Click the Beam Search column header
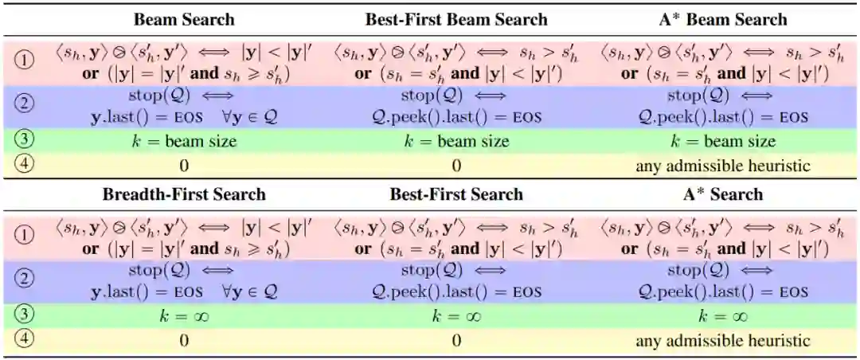click(184, 19)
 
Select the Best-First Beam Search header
click(456, 19)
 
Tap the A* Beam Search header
click(722, 19)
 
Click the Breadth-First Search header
click(184, 194)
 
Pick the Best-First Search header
click(456, 194)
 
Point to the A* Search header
click(722, 194)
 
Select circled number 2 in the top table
click(24, 107)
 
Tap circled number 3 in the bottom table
click(24, 316)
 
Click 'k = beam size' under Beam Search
click(184, 142)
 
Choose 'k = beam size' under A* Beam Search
click(722, 142)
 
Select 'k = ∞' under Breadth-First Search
click(184, 316)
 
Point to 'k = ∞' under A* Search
click(722, 316)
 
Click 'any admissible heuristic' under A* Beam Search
click(722, 166)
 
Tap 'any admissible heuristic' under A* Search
click(722, 341)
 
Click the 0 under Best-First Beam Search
click(456, 166)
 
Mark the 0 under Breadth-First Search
click(184, 341)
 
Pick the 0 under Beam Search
click(184, 166)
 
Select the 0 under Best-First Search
click(456, 341)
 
